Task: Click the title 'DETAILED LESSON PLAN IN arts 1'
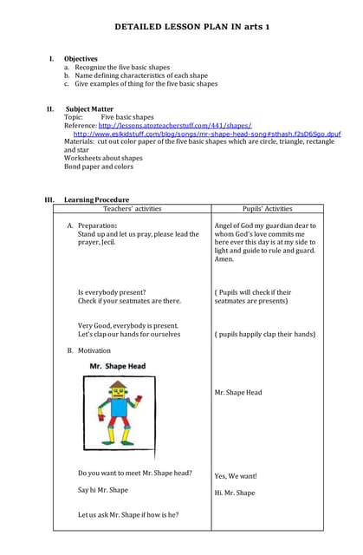192,28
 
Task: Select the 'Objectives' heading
81,59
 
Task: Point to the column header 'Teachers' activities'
132,209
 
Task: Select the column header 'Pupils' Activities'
267,209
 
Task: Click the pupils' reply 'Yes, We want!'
236,476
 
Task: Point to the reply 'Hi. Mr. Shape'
235,493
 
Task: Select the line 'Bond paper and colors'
99,166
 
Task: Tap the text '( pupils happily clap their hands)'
265,334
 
